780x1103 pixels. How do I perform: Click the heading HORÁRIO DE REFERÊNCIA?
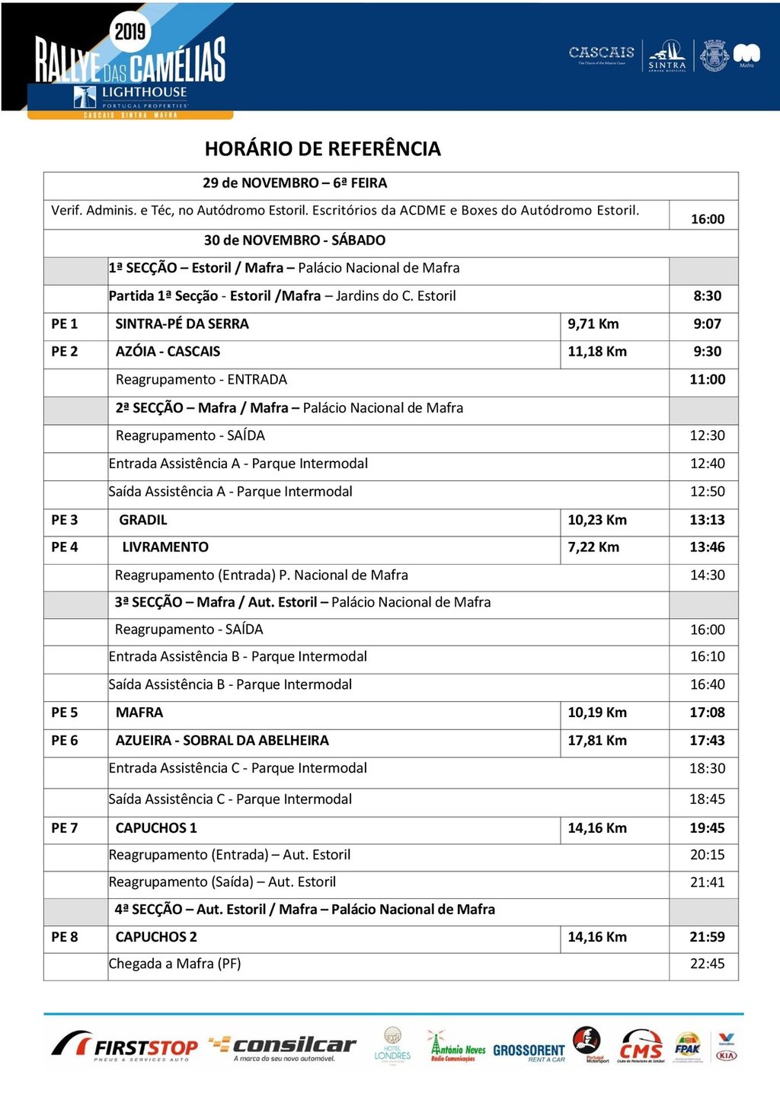(322, 148)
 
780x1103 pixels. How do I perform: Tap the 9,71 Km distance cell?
(593, 324)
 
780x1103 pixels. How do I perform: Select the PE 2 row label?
(65, 351)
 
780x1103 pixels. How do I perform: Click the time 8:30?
(707, 296)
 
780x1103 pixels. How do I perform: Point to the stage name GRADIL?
(142, 520)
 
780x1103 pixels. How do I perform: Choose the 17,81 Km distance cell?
(597, 740)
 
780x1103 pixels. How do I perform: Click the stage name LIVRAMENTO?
(165, 547)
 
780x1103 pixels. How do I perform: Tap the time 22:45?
(707, 964)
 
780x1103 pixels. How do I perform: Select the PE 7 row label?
(65, 827)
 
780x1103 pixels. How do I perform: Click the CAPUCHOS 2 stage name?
(156, 936)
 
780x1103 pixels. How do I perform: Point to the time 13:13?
(707, 520)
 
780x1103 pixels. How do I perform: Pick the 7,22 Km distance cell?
(593, 547)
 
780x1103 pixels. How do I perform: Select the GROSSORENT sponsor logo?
(529, 1051)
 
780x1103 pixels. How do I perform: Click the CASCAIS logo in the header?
(601, 53)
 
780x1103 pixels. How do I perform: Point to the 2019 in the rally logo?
(129, 31)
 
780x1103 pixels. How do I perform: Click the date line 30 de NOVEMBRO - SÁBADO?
(294, 240)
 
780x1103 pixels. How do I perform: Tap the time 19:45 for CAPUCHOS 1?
(707, 827)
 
